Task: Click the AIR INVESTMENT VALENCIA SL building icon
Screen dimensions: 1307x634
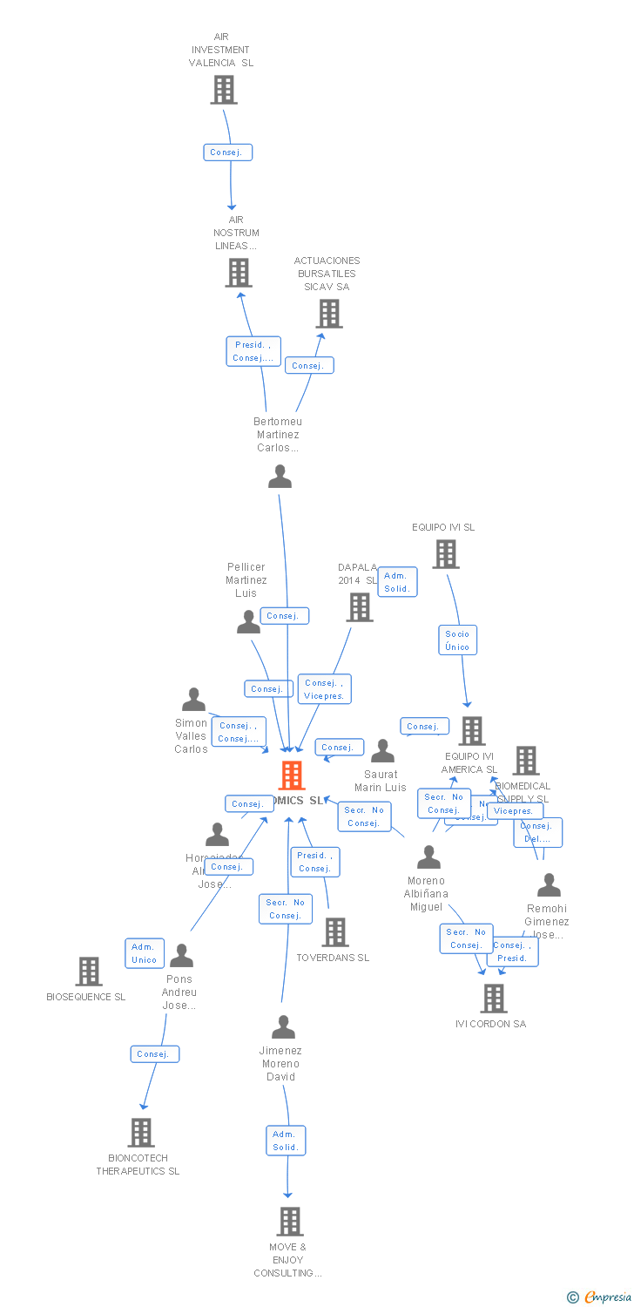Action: click(224, 90)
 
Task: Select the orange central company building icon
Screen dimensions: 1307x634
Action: click(292, 775)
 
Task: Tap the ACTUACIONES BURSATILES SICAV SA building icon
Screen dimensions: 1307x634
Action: click(329, 314)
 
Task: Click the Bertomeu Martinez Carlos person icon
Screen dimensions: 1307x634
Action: click(280, 477)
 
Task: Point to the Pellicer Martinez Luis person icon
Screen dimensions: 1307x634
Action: click(249, 622)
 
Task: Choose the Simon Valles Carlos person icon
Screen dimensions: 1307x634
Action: click(193, 700)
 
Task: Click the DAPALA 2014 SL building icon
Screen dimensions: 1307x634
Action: click(360, 607)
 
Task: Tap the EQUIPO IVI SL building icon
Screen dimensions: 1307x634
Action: click(446, 554)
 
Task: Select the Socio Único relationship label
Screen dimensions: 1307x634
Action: click(457, 640)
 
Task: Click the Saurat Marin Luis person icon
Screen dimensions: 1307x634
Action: click(382, 751)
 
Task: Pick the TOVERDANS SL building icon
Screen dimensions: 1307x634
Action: click(335, 932)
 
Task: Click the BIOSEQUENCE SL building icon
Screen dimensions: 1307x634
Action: click(89, 972)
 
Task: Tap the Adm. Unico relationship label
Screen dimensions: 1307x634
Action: click(144, 953)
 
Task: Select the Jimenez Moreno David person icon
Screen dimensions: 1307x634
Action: click(283, 1027)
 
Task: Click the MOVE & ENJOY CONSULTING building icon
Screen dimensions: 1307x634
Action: click(290, 1222)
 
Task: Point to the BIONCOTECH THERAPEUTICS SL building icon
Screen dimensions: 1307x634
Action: click(140, 1133)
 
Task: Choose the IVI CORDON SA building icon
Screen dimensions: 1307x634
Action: click(494, 999)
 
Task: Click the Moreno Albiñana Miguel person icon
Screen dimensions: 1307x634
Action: click(428, 857)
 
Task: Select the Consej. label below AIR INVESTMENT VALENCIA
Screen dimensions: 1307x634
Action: click(229, 152)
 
